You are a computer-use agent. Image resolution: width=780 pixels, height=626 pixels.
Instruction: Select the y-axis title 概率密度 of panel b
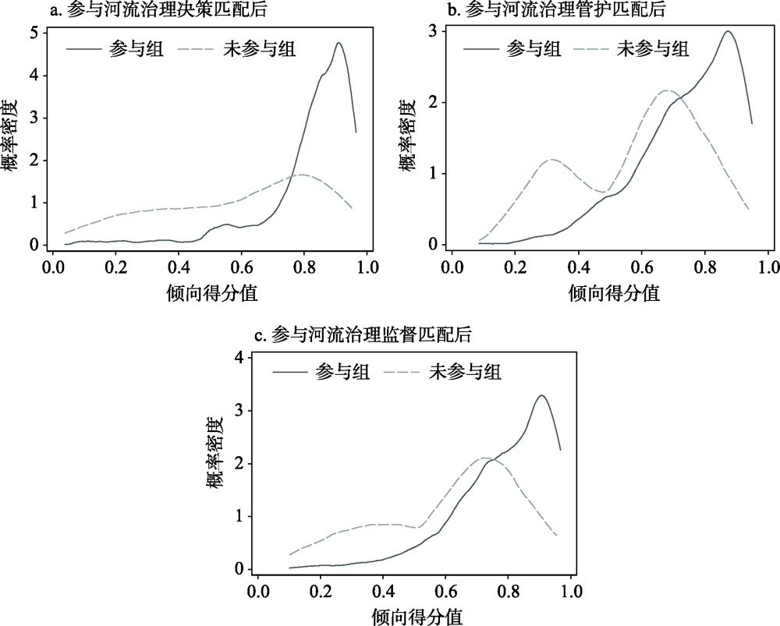pyautogui.click(x=407, y=137)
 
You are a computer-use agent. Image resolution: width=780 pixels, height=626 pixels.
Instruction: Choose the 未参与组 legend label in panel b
pyautogui.click(x=653, y=49)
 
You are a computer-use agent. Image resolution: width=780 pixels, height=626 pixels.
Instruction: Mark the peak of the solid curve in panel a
pyautogui.click(x=339, y=43)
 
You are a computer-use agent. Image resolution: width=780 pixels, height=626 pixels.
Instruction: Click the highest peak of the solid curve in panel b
pyautogui.click(x=727, y=31)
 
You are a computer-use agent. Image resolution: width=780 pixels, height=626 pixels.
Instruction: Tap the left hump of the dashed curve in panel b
pyautogui.click(x=551, y=159)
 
